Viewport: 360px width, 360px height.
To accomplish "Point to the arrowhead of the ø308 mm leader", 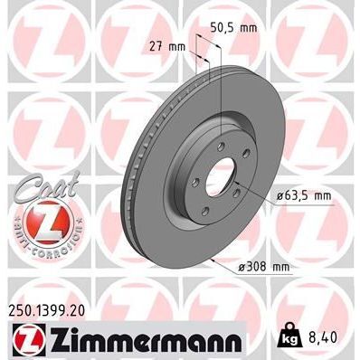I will (x=209, y=260).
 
